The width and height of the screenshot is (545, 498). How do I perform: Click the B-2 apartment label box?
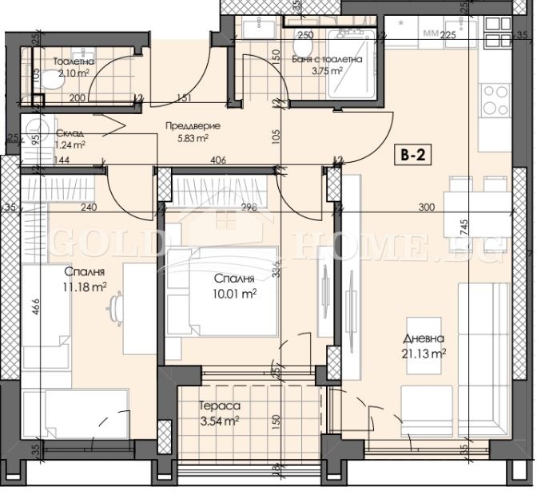tap(412, 156)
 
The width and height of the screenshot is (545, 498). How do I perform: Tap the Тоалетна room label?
tap(74, 61)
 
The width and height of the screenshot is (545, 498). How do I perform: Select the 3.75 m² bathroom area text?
tap(326, 70)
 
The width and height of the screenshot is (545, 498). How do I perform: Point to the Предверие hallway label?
tap(193, 125)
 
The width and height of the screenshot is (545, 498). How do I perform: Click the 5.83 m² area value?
tap(192, 137)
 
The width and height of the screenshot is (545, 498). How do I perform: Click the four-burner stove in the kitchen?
tap(495, 101)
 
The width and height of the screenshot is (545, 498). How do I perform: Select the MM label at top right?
tap(431, 34)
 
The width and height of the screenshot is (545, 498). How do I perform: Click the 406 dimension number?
tap(218, 160)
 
